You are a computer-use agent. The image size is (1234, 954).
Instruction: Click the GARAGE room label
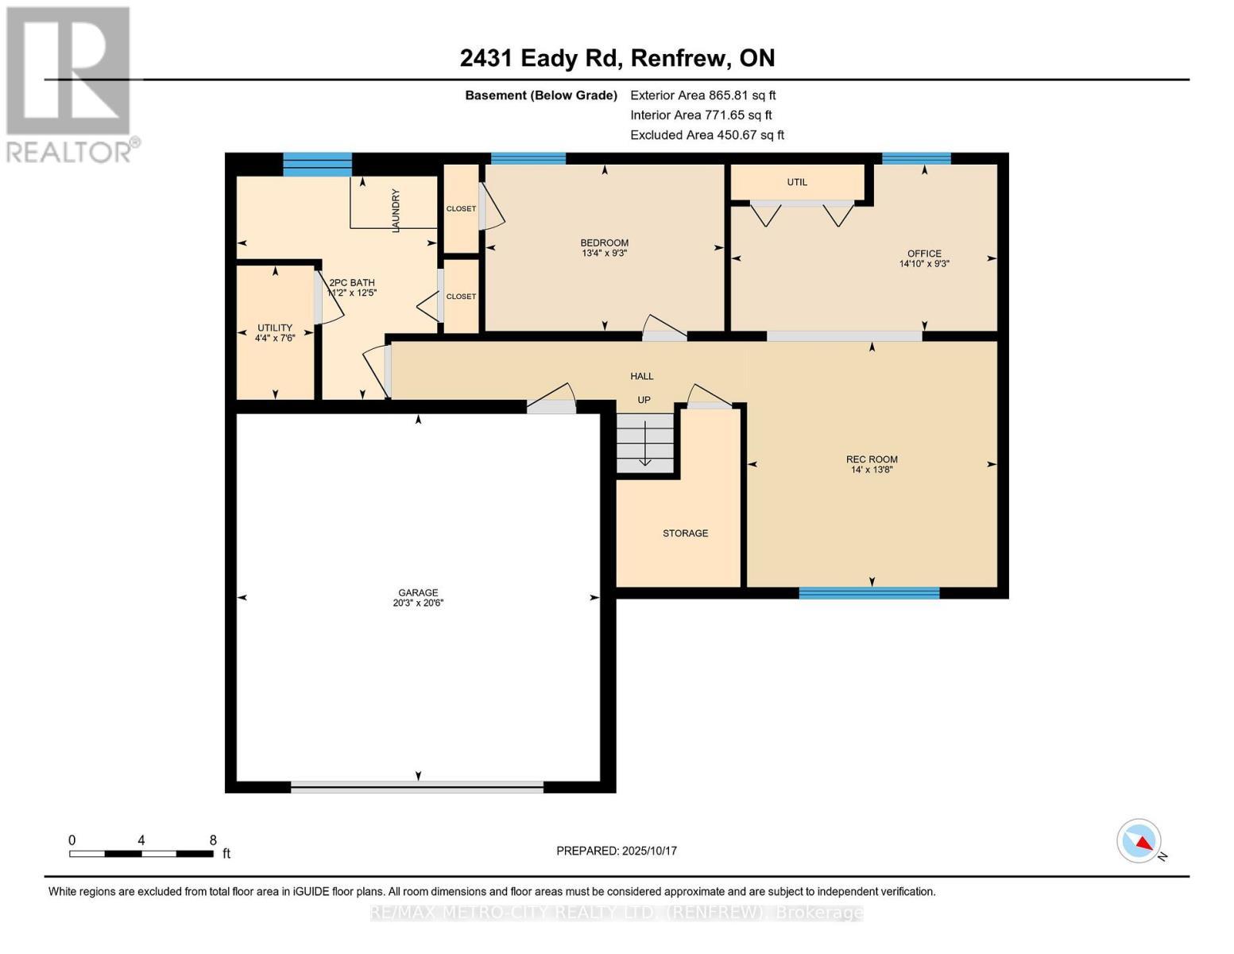point(418,593)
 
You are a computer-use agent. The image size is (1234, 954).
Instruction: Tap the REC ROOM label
point(872,460)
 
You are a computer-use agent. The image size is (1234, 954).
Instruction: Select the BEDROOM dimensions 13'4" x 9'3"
point(604,254)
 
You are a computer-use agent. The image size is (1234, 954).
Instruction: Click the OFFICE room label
point(924,254)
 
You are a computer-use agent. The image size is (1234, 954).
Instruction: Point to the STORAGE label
point(685,533)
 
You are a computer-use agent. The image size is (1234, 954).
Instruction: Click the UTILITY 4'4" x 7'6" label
point(275,333)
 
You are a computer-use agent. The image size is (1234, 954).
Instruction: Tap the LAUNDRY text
point(396,210)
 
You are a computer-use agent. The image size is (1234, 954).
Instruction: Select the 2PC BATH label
point(352,283)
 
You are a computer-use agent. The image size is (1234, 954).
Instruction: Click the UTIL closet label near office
point(797,182)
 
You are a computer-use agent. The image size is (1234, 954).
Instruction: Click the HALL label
point(642,376)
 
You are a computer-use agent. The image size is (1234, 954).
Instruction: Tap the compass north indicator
point(1139,841)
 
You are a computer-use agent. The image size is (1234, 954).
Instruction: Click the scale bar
point(141,854)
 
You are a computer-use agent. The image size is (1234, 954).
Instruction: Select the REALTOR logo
point(70,83)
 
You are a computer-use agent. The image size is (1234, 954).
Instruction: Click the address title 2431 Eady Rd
point(617,58)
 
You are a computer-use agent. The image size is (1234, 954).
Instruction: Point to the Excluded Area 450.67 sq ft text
point(706,135)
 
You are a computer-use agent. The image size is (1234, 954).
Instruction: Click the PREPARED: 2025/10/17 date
point(617,851)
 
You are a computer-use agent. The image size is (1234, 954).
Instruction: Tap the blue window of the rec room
point(868,593)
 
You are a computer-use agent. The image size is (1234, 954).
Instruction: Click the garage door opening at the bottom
point(417,787)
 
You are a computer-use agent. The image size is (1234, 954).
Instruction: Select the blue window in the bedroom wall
point(528,158)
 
